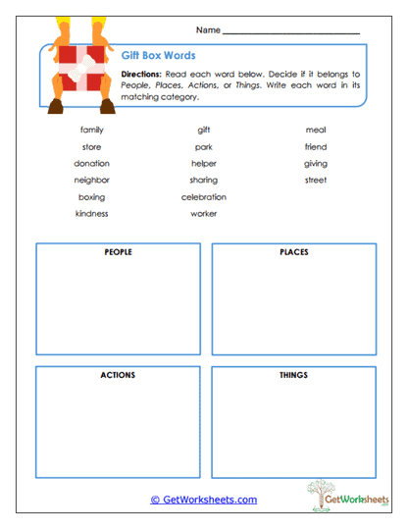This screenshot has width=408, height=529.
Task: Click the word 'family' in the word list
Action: [91, 130]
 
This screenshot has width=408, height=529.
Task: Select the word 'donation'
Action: [91, 163]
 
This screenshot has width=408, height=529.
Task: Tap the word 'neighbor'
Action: [91, 180]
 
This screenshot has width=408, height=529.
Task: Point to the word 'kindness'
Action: [91, 213]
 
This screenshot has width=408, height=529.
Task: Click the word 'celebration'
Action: [204, 196]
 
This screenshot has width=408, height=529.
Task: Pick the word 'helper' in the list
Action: [204, 163]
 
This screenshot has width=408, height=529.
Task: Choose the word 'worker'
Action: [204, 213]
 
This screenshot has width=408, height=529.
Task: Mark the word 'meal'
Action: [316, 130]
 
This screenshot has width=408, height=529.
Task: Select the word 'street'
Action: [316, 180]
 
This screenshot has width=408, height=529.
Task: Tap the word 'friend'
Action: [316, 146]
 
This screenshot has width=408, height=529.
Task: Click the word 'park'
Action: [204, 146]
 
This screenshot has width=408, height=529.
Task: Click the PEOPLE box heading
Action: [118, 252]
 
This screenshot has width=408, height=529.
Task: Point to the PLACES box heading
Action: [293, 252]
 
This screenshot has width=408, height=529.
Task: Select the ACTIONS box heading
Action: [118, 375]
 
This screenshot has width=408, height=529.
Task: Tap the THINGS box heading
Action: [293, 375]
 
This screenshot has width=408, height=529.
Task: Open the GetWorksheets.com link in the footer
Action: [204, 500]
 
